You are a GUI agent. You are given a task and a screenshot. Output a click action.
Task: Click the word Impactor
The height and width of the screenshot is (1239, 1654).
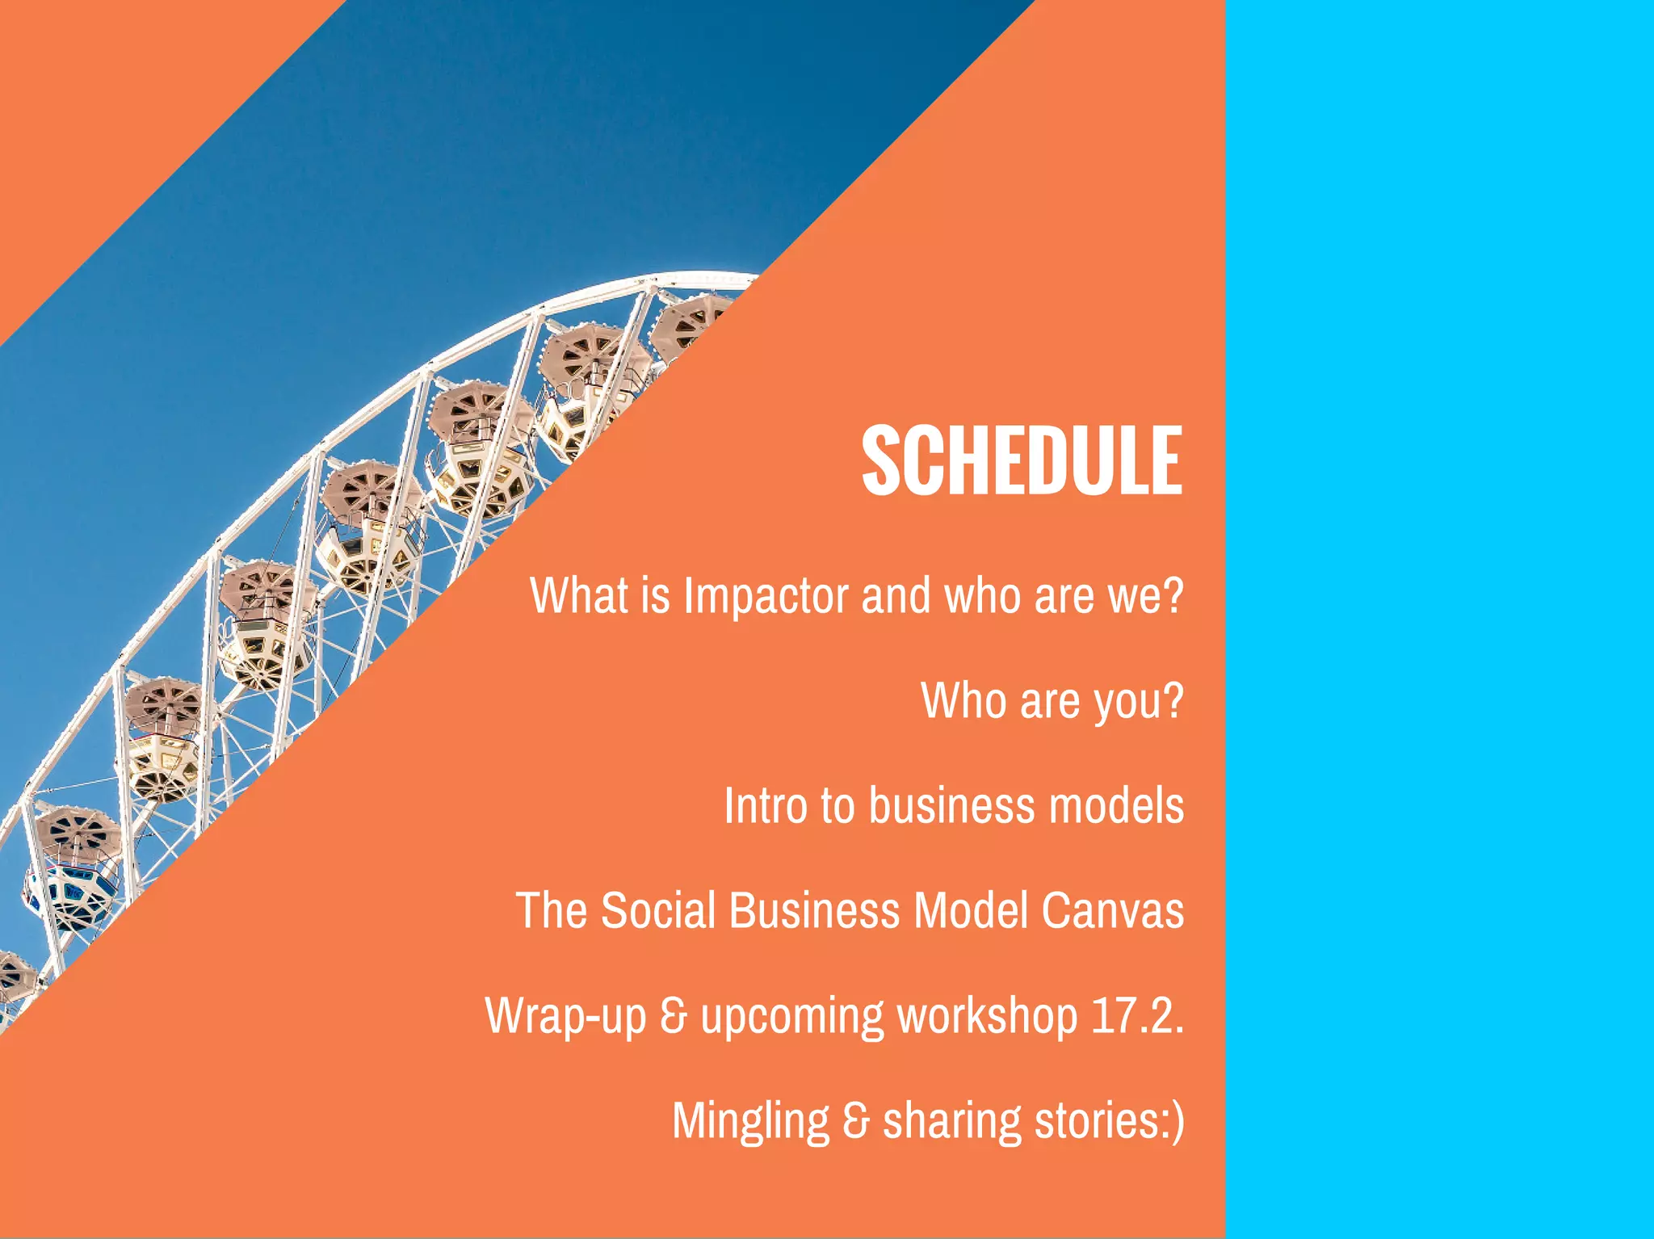click(x=766, y=596)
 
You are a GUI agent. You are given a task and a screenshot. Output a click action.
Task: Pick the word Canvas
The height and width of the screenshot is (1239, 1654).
click(x=1113, y=910)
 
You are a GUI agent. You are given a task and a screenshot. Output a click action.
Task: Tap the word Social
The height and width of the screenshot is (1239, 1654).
click(x=658, y=910)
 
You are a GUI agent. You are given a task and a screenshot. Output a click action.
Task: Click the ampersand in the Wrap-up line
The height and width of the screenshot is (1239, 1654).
click(x=673, y=1016)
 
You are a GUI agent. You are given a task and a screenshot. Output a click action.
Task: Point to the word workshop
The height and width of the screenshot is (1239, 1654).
click(x=987, y=1016)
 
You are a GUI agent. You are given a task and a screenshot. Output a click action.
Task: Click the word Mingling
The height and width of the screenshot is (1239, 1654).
click(x=750, y=1122)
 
